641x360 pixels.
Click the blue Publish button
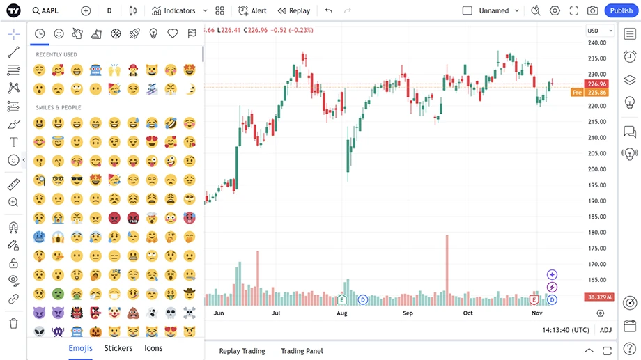pos(621,10)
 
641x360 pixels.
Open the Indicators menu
pos(174,10)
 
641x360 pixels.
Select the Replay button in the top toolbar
pos(294,10)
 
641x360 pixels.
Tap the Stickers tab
pos(118,348)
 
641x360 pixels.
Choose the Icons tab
pos(153,348)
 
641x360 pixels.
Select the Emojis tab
pos(80,348)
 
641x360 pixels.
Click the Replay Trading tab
pos(242,351)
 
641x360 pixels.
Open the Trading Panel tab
pos(302,351)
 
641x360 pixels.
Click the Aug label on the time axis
pos(341,313)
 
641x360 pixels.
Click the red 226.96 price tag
pos(598,84)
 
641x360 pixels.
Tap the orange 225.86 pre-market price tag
pos(598,92)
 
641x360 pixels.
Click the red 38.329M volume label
pos(598,297)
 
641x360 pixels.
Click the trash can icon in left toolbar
pos(13,323)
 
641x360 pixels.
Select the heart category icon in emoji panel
pos(173,33)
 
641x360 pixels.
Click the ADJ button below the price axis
pos(605,330)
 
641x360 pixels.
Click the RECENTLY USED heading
pos(56,54)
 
